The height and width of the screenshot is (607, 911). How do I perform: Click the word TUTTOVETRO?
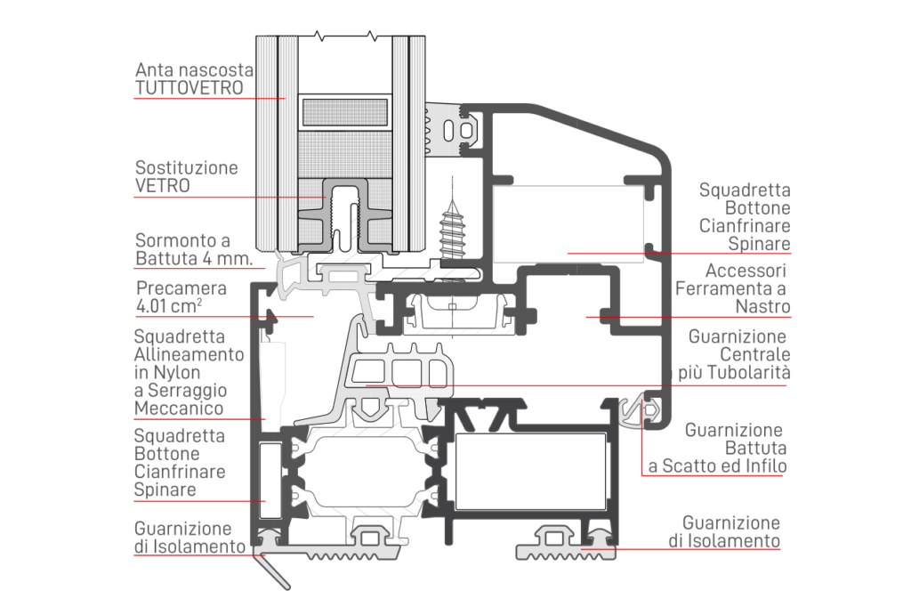189,88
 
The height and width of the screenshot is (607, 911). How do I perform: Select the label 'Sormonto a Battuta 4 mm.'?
194,249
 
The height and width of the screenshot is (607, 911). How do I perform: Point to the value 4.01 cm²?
169,306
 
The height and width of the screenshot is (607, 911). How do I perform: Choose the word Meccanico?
178,409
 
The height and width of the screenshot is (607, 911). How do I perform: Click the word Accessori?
746,271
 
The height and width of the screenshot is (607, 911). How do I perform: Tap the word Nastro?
762,306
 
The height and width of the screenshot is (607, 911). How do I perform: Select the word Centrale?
754,354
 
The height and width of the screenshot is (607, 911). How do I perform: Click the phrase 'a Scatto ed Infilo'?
718,465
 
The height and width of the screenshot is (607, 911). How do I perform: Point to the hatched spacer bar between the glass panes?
344,112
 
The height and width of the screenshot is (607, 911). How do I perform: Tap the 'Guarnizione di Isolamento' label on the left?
190,538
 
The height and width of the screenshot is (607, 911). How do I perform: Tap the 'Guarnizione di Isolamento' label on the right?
724,531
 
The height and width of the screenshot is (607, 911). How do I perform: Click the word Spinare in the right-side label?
760,244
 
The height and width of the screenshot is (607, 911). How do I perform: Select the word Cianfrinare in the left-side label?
180,472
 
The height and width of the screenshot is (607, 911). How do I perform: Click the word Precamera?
181,287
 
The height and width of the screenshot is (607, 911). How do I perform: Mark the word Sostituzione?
187,167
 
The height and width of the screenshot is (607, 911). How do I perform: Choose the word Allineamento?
189,354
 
